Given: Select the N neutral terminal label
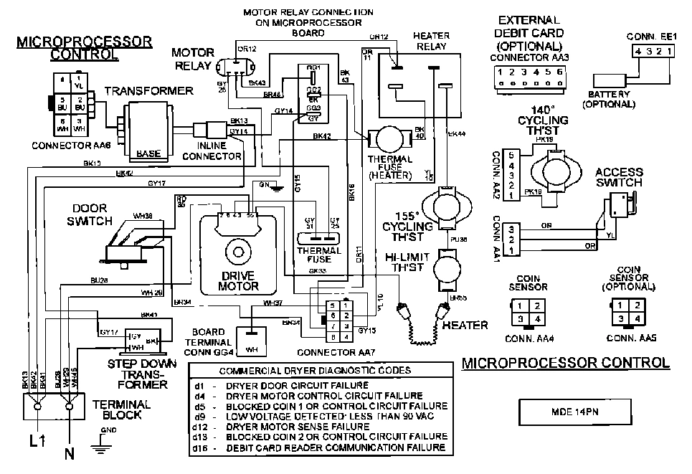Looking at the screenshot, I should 69,454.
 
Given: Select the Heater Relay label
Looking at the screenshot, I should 430,41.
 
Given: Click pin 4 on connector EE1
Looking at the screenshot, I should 636,51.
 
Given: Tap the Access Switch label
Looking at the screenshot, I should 618,177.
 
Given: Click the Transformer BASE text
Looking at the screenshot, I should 148,153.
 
